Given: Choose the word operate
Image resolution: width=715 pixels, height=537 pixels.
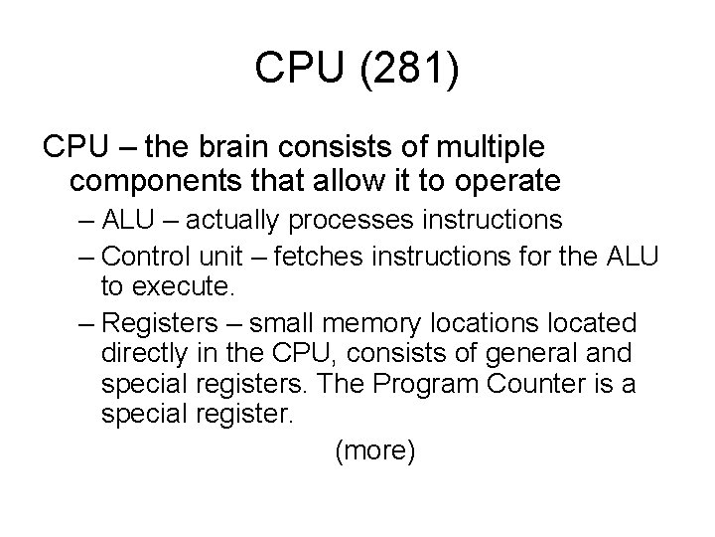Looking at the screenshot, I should [x=504, y=183].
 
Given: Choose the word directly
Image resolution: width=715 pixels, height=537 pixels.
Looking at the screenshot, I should [x=142, y=353].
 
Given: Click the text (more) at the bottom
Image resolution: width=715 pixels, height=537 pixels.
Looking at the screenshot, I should [x=375, y=450].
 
